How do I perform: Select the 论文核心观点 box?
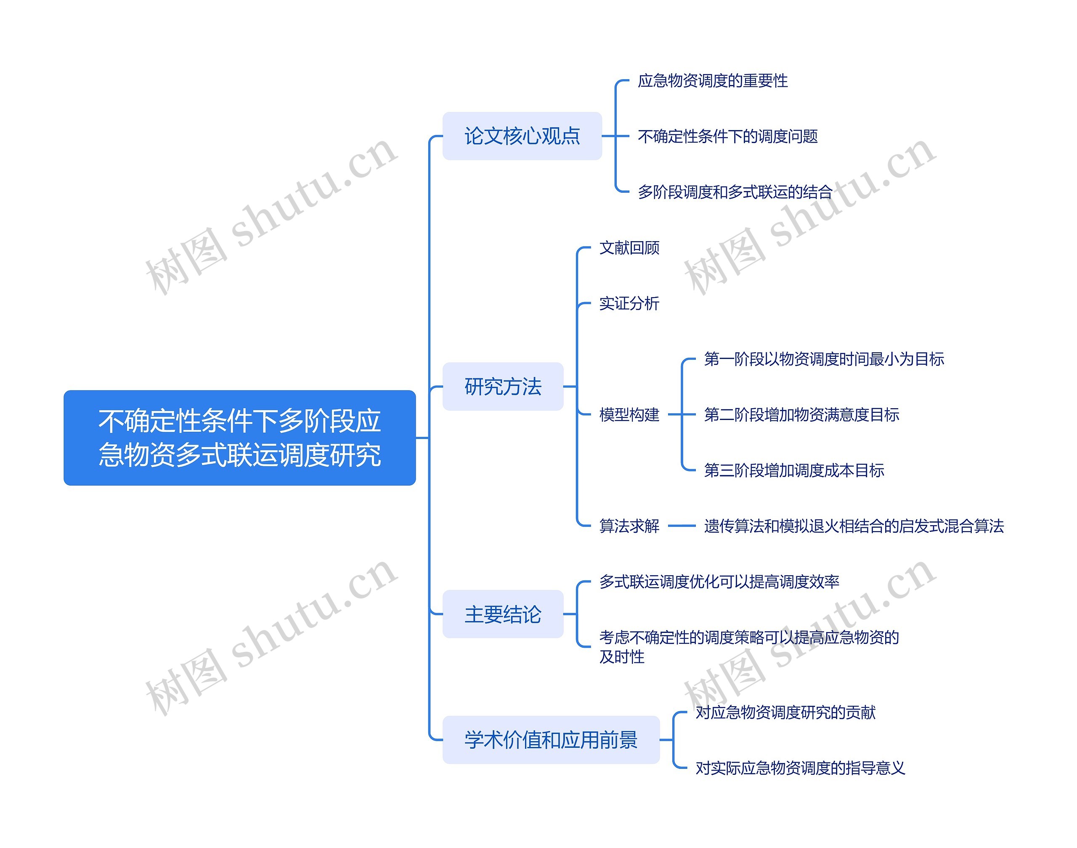[x=522, y=136]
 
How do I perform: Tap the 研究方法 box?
[x=502, y=386]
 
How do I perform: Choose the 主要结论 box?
[x=502, y=614]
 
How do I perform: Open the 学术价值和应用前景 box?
[x=550, y=739]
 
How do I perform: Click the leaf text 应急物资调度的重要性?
[x=712, y=80]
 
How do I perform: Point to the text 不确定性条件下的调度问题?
[x=727, y=136]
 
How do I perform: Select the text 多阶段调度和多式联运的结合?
[x=735, y=191]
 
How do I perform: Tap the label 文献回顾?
[x=629, y=247]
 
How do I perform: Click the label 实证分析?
[x=629, y=303]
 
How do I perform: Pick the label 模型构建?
[x=629, y=414]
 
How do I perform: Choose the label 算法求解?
[x=629, y=525]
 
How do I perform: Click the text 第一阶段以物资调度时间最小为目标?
[x=823, y=359]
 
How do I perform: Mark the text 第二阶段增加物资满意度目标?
[x=801, y=414]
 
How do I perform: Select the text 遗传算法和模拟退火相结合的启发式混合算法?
[x=853, y=525]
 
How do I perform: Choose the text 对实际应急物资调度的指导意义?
[x=800, y=768]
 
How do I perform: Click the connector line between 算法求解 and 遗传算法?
[x=682, y=525]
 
